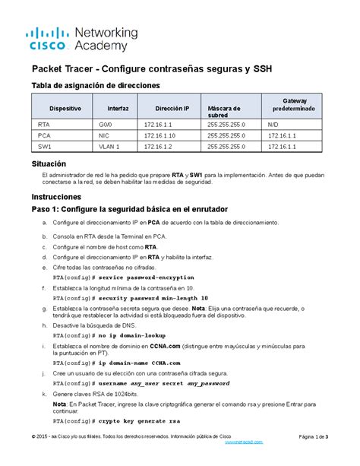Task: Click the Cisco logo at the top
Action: coord(49,38)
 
